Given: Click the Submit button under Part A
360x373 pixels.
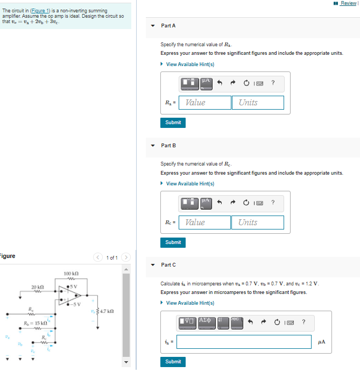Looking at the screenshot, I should (x=173, y=123).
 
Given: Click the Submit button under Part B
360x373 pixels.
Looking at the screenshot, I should (x=173, y=242).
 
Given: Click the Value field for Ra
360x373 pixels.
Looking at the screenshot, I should (x=205, y=103).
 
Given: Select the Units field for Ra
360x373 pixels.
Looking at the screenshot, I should (x=258, y=103).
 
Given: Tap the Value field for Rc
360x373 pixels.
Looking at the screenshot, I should (x=205, y=223).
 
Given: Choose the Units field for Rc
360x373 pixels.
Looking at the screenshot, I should (x=258, y=223).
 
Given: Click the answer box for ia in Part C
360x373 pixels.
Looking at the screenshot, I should (x=244, y=342).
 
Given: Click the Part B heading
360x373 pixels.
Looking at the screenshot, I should (x=168, y=146).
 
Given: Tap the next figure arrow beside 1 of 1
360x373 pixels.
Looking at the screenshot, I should (x=126, y=259).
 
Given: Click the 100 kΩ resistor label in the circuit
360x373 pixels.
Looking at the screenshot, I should (x=72, y=274).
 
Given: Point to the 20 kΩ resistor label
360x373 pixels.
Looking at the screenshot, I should (x=38, y=286).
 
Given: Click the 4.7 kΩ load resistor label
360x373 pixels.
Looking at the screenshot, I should (x=104, y=312).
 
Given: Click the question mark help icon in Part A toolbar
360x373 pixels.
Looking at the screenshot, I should (x=273, y=83).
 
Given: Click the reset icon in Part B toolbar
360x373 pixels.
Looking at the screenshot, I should (x=246, y=203).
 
